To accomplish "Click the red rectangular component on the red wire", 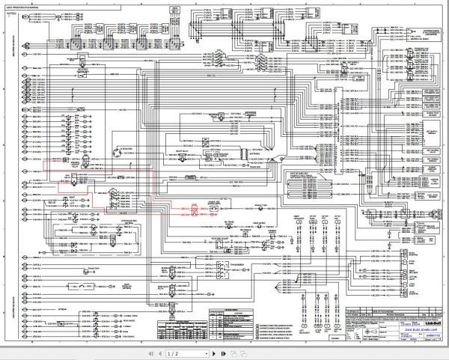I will (x=193, y=210).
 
